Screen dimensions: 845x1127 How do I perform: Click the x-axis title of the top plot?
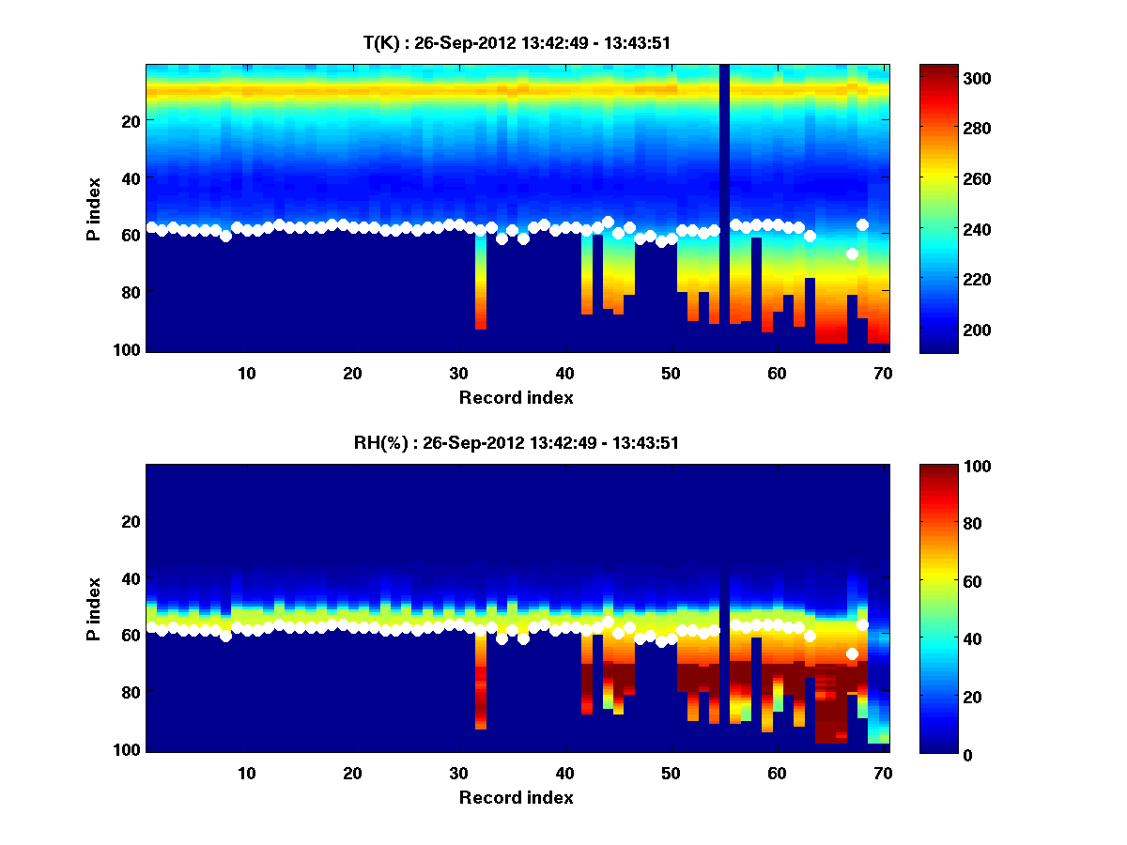[517, 398]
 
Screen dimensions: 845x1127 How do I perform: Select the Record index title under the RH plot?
[517, 798]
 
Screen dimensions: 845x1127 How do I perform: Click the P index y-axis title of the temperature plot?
[94, 208]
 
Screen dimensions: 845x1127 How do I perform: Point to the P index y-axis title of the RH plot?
[94, 608]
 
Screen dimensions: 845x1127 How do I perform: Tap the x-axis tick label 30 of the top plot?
[458, 373]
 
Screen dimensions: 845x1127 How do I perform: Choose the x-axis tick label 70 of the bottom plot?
[883, 773]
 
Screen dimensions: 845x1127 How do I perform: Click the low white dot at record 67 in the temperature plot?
[852, 253]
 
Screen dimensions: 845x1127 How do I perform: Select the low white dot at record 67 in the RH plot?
[852, 653]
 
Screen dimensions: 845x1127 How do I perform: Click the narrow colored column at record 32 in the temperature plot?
[480, 282]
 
